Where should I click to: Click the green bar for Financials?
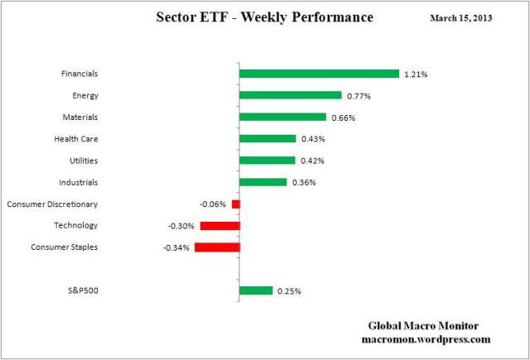pos(319,74)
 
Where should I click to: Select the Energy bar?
pos(290,95)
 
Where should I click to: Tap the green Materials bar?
pos(282,118)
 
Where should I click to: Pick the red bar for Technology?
pos(219,225)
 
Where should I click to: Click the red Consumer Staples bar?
pos(217,247)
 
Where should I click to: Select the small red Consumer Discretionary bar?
pos(235,204)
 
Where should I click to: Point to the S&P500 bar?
pos(255,290)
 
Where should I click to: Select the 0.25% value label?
pos(288,291)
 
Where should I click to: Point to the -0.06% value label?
pos(214,204)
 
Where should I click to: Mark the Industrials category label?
pos(79,182)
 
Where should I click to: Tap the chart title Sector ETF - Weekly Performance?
pos(264,17)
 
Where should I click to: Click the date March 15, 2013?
pos(460,17)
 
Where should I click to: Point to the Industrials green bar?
pos(263,182)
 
